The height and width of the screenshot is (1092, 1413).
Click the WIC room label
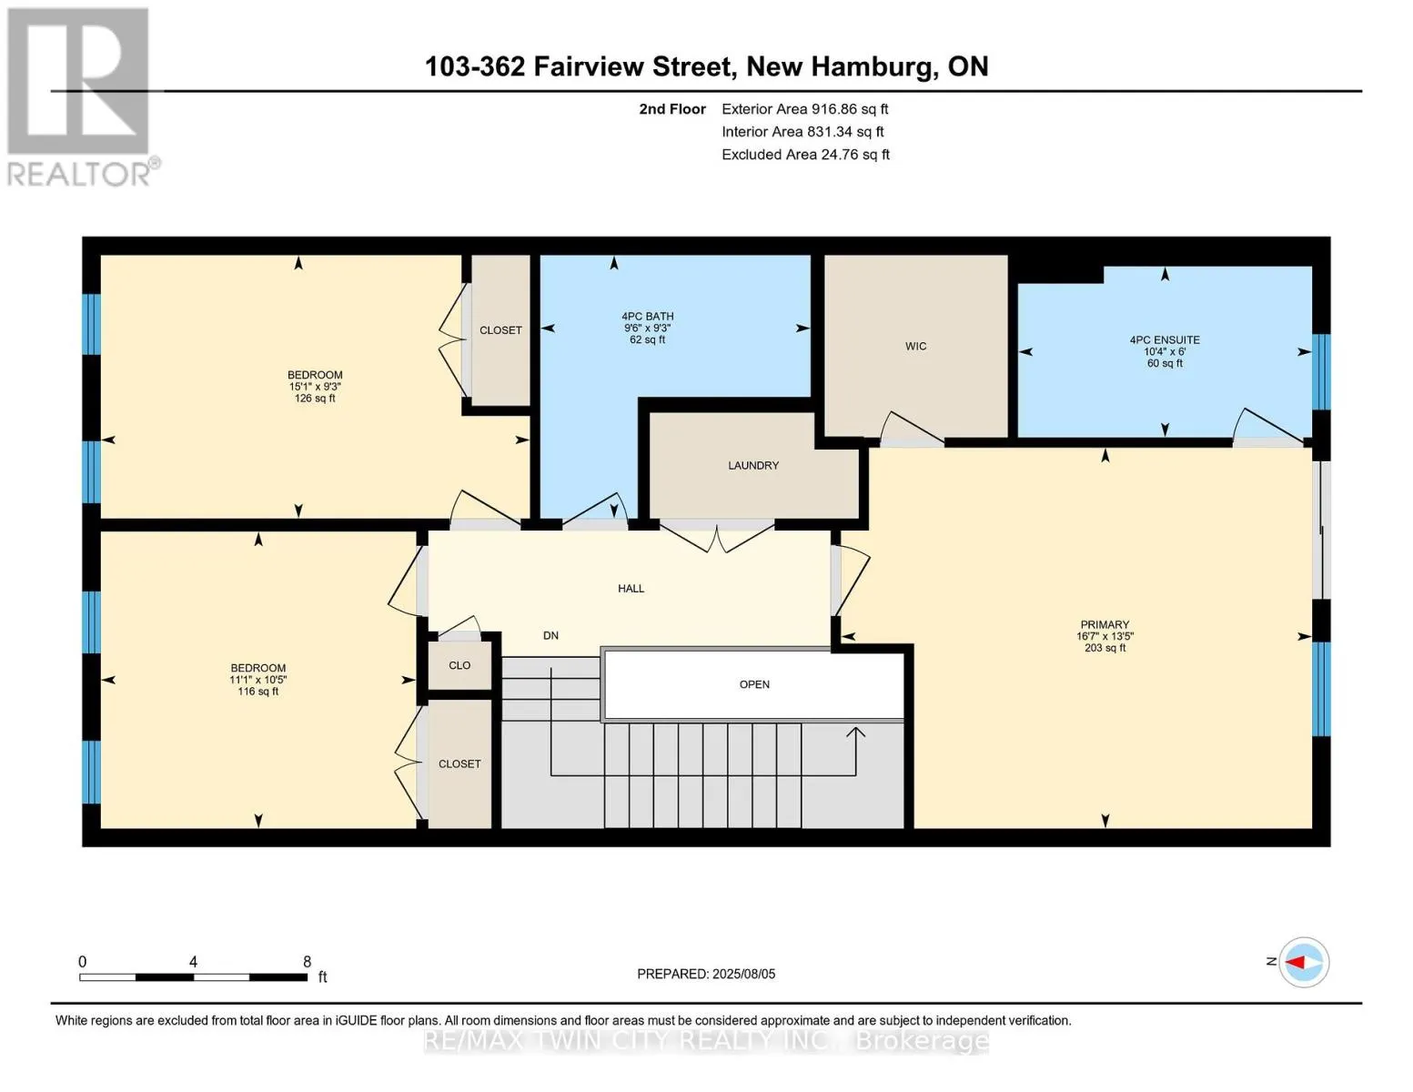pyautogui.click(x=915, y=346)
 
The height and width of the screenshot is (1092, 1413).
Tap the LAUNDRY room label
pyautogui.click(x=753, y=465)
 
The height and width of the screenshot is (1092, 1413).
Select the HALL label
pyautogui.click(x=631, y=588)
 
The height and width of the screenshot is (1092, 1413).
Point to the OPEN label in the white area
pyautogui.click(x=754, y=684)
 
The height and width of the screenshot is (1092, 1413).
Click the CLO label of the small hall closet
pyautogui.click(x=459, y=664)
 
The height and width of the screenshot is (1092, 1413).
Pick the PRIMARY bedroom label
pyautogui.click(x=1105, y=623)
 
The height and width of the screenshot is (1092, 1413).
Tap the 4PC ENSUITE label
pyautogui.click(x=1165, y=339)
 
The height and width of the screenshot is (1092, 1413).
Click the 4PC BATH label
pyautogui.click(x=647, y=316)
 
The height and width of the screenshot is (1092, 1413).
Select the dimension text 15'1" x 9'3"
pyautogui.click(x=315, y=387)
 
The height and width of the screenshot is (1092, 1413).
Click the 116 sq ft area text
pyautogui.click(x=258, y=692)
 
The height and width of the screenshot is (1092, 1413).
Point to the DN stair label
pyautogui.click(x=550, y=635)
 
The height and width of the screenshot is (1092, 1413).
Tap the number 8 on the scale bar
pyautogui.click(x=307, y=961)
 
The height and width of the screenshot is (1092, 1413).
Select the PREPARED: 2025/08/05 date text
pyautogui.click(x=705, y=974)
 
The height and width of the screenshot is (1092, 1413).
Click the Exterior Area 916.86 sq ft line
pyautogui.click(x=804, y=108)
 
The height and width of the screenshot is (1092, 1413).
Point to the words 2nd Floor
pyautogui.click(x=672, y=108)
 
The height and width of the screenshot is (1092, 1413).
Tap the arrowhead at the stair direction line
pyautogui.click(x=856, y=733)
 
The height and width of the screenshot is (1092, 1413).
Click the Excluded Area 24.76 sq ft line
pyautogui.click(x=805, y=154)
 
